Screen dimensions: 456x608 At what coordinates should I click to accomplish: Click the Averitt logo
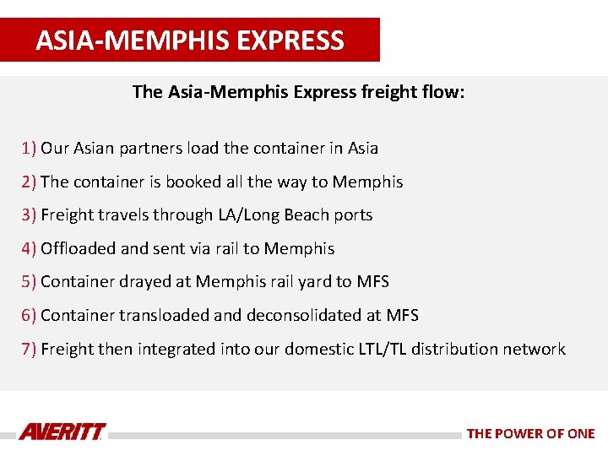pos(62,432)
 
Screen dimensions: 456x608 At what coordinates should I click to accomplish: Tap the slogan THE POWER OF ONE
pos(530,433)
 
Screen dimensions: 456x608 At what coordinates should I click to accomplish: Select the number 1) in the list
pos(30,148)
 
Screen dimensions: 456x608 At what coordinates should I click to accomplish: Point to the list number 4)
pos(30,249)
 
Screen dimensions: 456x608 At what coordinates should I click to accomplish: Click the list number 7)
pos(30,349)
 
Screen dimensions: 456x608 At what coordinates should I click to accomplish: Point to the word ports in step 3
pos(353,215)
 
